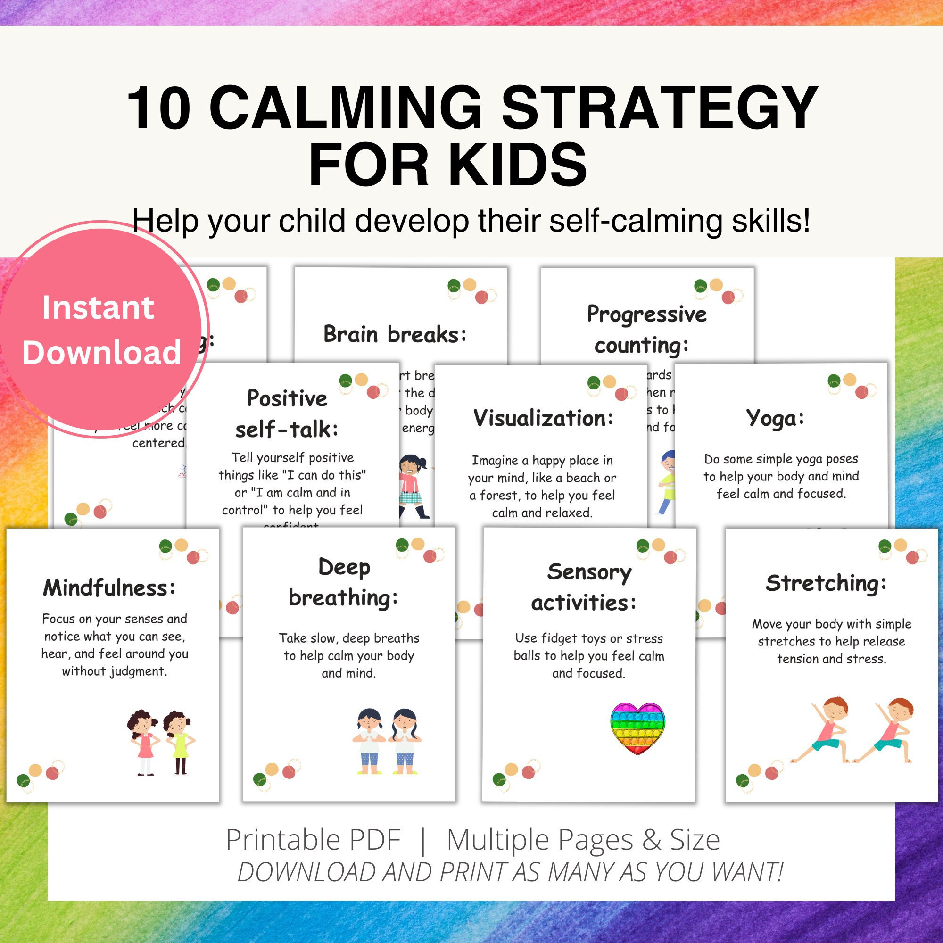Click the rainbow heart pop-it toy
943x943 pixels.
point(637,728)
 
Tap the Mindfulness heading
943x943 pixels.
point(109,587)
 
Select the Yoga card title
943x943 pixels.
point(775,419)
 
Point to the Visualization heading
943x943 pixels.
point(543,418)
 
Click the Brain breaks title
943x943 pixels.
point(395,335)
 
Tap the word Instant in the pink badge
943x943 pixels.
point(98,308)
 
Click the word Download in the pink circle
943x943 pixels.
point(101,352)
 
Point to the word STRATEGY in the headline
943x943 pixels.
point(660,108)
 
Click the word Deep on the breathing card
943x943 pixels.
point(344,568)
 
